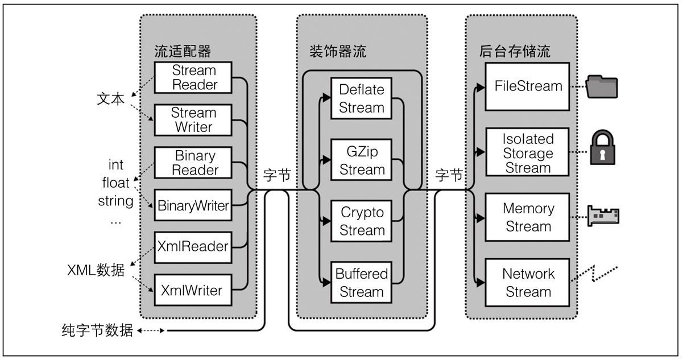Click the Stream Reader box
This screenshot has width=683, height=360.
pos(194,78)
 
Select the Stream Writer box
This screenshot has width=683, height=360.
pos(193,120)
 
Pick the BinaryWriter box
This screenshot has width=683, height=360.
pos(194,205)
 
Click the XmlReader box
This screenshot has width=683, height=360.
pos(194,247)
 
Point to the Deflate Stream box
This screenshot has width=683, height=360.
pos(362,98)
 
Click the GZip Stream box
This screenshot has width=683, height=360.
pos(362,160)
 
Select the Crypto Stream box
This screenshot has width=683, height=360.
pos(362,221)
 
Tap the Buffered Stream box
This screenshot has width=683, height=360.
pos(362,283)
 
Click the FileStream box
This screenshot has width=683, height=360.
pos(528,87)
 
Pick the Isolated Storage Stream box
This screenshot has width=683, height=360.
pos(528,153)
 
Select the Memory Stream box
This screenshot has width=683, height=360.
pos(528,217)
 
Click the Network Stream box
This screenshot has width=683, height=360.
pos(528,283)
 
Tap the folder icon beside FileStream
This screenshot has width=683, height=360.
pos(602,86)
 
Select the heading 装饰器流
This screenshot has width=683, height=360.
pos(334,52)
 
